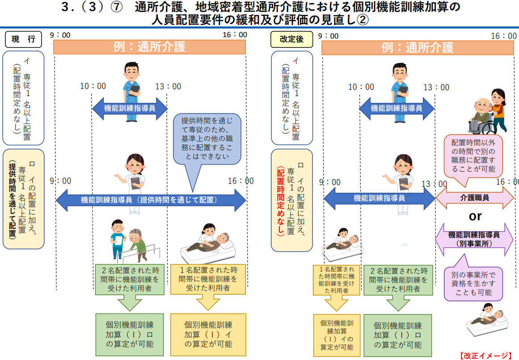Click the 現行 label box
point(23,39)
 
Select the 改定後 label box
point(291,39)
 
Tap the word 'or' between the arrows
point(475,216)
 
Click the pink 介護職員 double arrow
point(474,198)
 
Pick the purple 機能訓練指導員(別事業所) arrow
point(474,239)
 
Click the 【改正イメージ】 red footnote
point(485,356)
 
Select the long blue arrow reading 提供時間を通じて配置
point(151,200)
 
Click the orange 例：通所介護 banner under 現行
point(149,47)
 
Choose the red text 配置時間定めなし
point(281,201)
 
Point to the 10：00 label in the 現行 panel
point(93,86)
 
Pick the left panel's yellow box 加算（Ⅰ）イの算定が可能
point(208,335)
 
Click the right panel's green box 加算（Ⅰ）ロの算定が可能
point(398,335)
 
